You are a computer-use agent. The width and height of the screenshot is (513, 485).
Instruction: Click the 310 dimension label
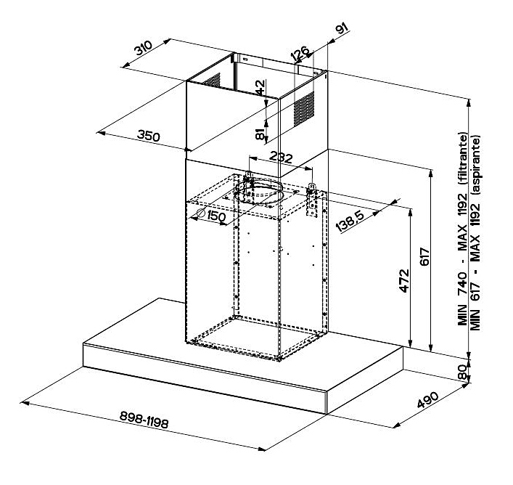tap(142, 50)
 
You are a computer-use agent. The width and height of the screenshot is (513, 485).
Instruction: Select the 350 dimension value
tap(149, 136)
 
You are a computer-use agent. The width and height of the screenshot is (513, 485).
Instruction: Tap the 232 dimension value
tap(280, 158)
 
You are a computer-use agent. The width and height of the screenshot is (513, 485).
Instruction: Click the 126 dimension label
tap(300, 54)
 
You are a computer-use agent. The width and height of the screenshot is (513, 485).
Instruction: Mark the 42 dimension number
tap(260, 87)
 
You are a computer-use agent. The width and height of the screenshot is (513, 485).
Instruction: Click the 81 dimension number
tap(260, 133)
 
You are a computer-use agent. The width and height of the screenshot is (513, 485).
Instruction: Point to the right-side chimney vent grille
tap(304, 107)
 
